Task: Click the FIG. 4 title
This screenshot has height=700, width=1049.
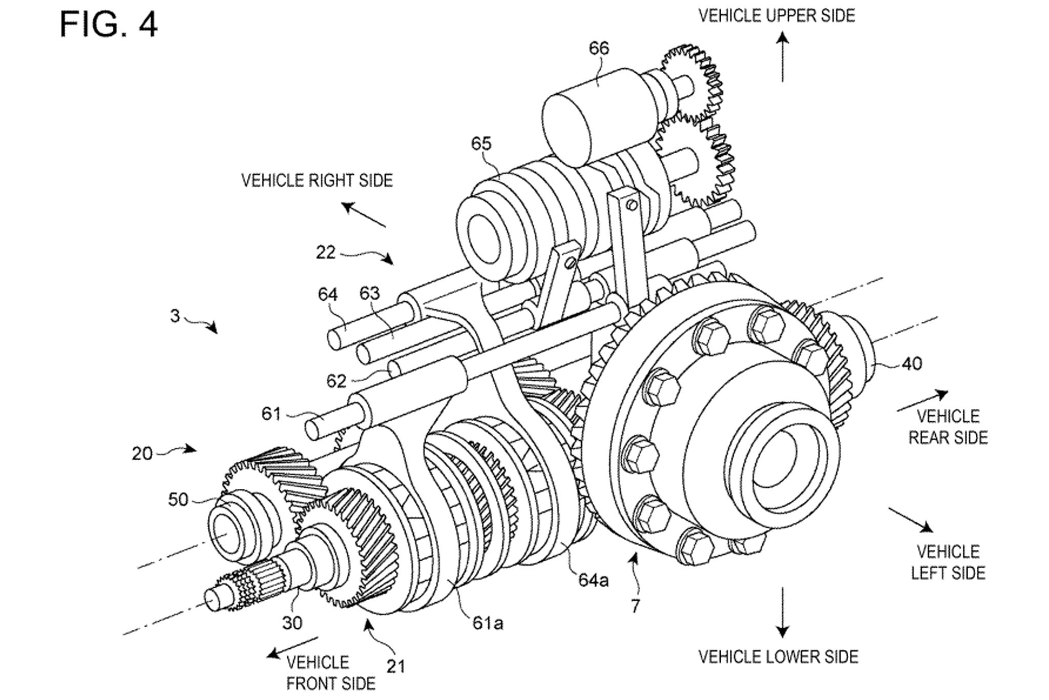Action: (109, 24)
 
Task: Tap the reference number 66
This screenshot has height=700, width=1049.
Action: (599, 48)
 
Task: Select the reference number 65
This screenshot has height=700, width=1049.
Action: (481, 143)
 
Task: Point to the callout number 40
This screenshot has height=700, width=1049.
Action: (912, 363)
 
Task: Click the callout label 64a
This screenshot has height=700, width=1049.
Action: (594, 580)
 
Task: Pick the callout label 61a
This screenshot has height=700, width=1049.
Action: (488, 623)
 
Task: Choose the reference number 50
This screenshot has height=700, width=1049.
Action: (178, 500)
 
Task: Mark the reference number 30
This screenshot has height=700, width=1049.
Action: (292, 623)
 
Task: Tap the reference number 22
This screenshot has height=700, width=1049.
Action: (326, 253)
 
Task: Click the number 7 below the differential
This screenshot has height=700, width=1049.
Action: (635, 606)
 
